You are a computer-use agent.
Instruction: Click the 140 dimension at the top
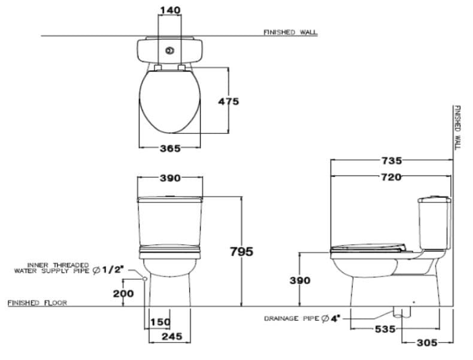[x=170, y=10]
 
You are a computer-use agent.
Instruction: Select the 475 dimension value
[x=228, y=101]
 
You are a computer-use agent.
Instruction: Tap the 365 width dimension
[x=169, y=148]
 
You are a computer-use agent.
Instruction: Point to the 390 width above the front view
[x=170, y=178]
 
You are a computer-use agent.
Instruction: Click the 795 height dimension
[x=241, y=251]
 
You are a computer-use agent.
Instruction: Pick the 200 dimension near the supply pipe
[x=124, y=293]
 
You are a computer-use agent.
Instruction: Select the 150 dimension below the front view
[x=160, y=322]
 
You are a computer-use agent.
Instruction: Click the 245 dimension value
[x=172, y=337]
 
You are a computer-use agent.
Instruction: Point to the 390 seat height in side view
[x=300, y=280]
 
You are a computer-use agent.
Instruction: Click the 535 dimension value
[x=384, y=329]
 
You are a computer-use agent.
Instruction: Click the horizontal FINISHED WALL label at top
[x=290, y=32]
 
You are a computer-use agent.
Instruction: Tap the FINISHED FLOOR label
[x=37, y=302]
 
